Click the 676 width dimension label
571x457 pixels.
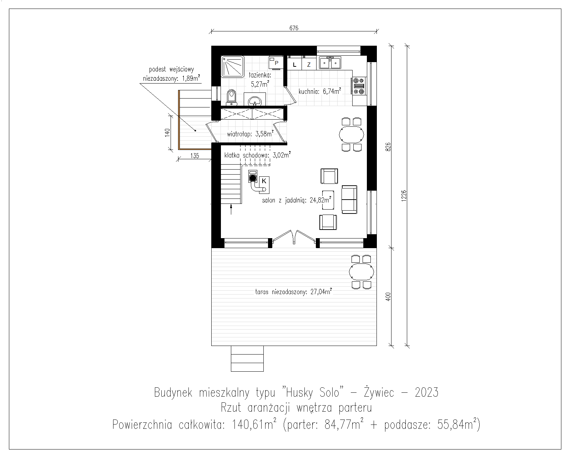coord(294,28)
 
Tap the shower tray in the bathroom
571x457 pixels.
coord(233,66)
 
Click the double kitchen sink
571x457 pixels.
coord(330,63)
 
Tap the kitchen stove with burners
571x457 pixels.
coord(359,86)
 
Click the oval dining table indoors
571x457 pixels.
coord(351,135)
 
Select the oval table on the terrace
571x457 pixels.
coord(362,272)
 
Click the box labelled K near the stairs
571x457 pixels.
coord(264,185)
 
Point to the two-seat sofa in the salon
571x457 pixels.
coord(349,200)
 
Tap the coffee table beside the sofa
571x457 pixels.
coord(328,200)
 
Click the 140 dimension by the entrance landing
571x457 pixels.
coord(167,132)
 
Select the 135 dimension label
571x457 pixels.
coord(195,156)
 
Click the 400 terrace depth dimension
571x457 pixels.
coord(388,297)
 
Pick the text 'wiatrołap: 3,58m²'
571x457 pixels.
coord(250,134)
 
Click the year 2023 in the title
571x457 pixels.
coord(427,392)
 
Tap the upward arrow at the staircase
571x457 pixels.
coord(231,209)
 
